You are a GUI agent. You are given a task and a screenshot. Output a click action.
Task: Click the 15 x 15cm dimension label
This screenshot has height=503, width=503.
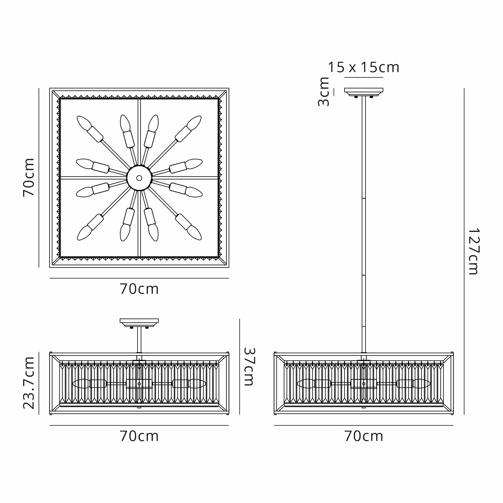tap(363, 67)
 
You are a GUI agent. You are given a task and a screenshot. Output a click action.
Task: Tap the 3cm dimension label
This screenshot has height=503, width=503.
tap(324, 92)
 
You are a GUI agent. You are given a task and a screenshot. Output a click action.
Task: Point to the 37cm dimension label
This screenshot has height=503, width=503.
tap(249, 367)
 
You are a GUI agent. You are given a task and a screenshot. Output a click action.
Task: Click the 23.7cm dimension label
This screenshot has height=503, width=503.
tap(29, 383)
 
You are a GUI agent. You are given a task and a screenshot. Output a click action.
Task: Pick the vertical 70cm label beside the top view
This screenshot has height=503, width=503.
tap(29, 177)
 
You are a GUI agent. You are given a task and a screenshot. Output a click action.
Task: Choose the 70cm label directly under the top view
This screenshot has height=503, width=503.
tap(139, 289)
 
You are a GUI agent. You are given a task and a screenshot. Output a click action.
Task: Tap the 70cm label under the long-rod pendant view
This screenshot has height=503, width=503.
tap(363, 436)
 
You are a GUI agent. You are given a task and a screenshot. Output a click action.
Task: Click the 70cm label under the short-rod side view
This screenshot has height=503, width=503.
tap(139, 436)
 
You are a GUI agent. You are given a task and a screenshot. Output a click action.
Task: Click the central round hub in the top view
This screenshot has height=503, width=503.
tap(139, 178)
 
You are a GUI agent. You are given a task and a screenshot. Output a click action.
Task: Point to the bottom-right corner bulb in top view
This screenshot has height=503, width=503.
tap(194, 233)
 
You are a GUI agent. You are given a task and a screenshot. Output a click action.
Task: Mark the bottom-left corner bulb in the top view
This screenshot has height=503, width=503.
tap(84, 233)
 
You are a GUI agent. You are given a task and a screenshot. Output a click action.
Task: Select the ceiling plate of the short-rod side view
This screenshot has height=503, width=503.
tap(139, 322)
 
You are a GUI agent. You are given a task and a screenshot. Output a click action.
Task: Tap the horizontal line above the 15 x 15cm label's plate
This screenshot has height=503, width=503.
tap(363, 77)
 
